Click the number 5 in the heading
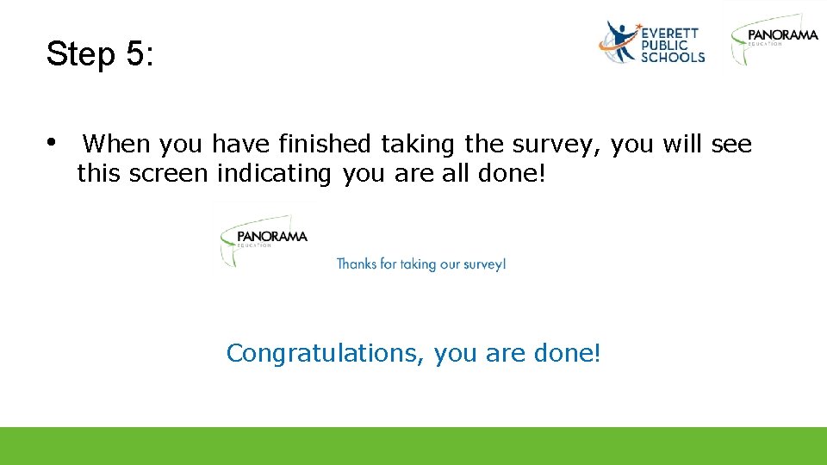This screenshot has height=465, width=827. point(135,54)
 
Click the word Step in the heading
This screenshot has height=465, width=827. point(82,54)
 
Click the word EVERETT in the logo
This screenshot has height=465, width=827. point(669,33)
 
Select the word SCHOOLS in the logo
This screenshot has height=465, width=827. point(673,57)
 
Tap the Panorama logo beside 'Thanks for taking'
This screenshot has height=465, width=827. point(264,239)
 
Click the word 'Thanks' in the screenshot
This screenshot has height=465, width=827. point(356,263)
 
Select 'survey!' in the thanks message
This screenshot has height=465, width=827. point(484,263)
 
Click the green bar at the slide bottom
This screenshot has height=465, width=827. point(413,446)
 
